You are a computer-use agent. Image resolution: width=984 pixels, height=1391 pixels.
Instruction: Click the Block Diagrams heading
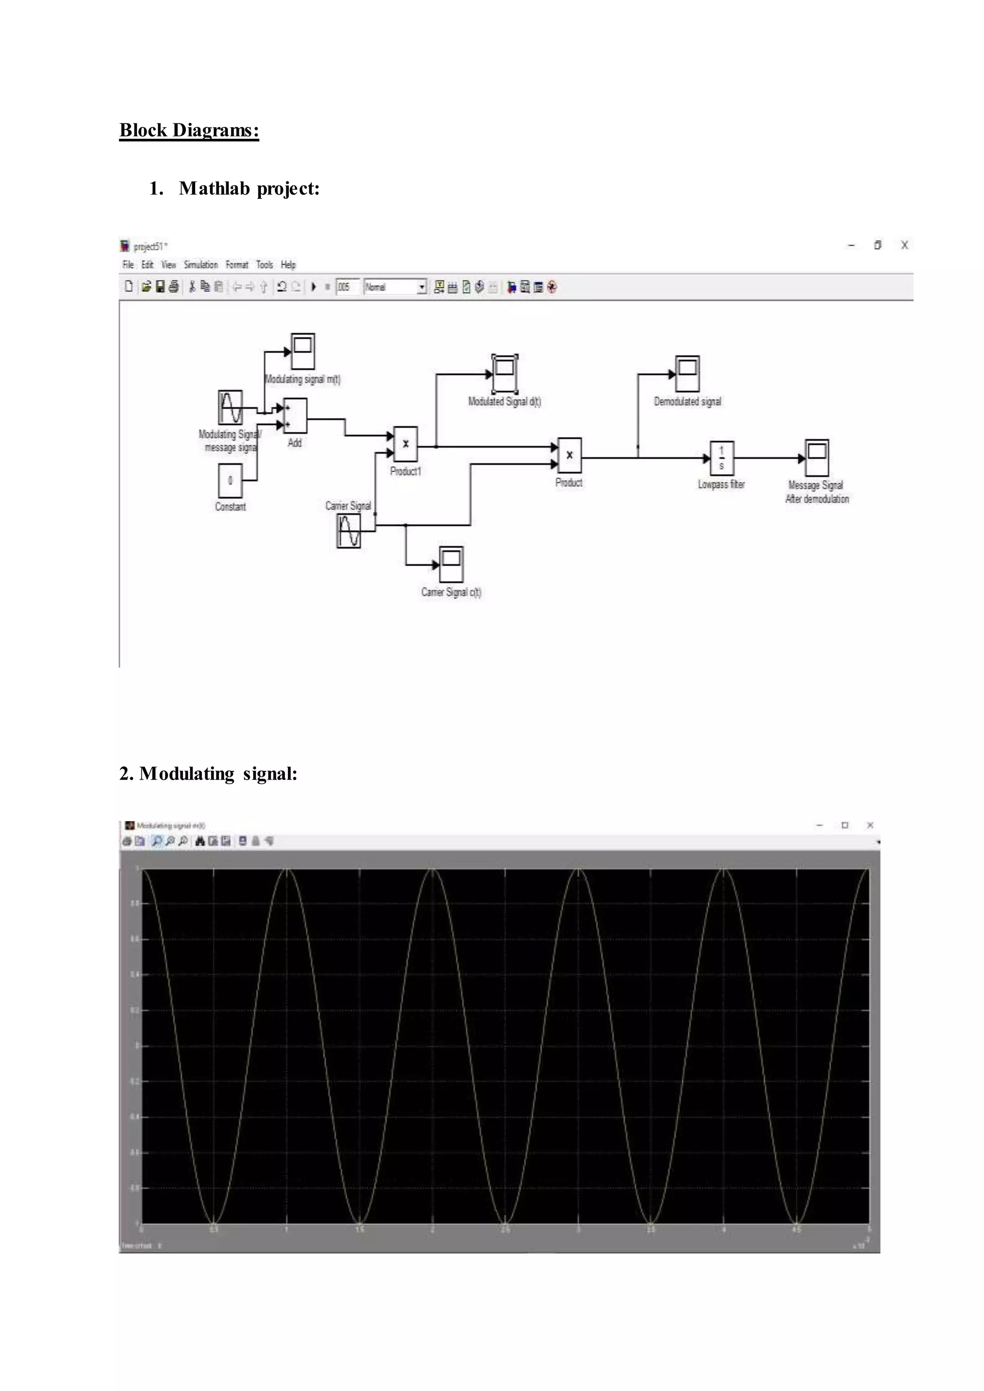click(189, 130)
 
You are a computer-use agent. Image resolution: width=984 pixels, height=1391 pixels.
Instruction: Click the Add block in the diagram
click(295, 415)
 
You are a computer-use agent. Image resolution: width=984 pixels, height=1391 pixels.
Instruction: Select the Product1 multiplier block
click(406, 444)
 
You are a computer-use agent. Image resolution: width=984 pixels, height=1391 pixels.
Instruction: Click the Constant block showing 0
click(230, 480)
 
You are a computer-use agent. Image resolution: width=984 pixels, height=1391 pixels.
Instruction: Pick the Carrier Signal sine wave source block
click(348, 531)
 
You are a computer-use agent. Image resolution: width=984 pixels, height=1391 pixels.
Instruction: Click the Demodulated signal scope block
click(688, 374)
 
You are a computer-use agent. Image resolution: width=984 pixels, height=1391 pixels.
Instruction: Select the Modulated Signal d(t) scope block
click(504, 374)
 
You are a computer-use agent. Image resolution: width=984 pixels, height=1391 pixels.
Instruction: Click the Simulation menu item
click(200, 265)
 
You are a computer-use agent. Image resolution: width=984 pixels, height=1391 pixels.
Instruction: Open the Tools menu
click(264, 265)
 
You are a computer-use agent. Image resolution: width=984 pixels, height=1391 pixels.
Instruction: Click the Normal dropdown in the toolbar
click(395, 287)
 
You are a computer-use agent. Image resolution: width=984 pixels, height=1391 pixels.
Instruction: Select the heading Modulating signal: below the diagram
click(209, 774)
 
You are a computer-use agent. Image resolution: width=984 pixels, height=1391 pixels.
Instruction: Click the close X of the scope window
click(870, 825)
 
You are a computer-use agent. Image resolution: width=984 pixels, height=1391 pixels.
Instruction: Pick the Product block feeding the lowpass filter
click(569, 455)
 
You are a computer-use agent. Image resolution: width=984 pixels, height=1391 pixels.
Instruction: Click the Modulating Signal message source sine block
click(230, 407)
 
